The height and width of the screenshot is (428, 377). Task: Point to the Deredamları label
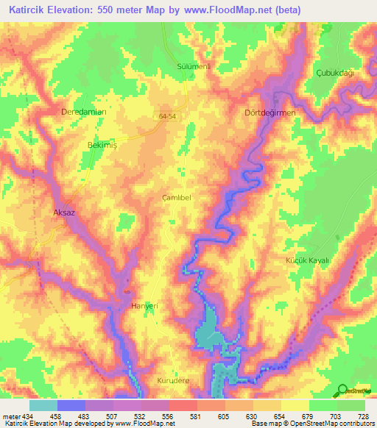[84, 112]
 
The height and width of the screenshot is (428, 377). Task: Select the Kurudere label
[174, 380]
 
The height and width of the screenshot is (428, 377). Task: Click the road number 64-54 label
[167, 116]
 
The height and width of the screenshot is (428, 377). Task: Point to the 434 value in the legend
[29, 415]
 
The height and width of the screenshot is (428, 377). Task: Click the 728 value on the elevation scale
[359, 415]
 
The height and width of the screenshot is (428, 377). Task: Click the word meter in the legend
[12, 415]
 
